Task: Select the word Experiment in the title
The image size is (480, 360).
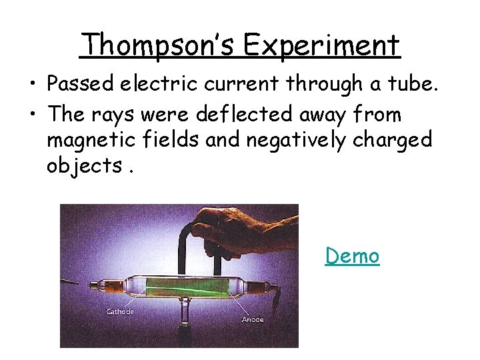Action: pyautogui.click(x=321, y=45)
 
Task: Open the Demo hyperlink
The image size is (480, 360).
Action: pyautogui.click(x=352, y=256)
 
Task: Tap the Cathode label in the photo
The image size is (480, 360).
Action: pyautogui.click(x=120, y=312)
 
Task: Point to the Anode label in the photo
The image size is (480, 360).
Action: pyautogui.click(x=253, y=319)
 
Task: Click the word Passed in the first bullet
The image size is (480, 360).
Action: pyautogui.click(x=83, y=84)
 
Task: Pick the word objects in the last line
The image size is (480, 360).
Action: pyautogui.click(x=85, y=165)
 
